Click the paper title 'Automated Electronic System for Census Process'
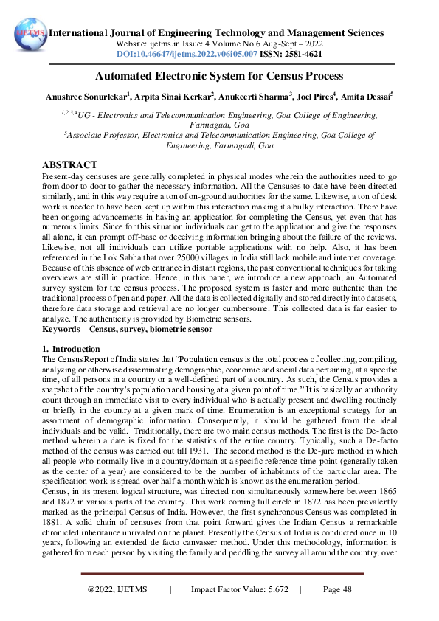click(219, 76)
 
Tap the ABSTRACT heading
click(70, 164)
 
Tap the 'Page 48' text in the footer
click(337, 590)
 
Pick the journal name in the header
click(215, 33)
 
